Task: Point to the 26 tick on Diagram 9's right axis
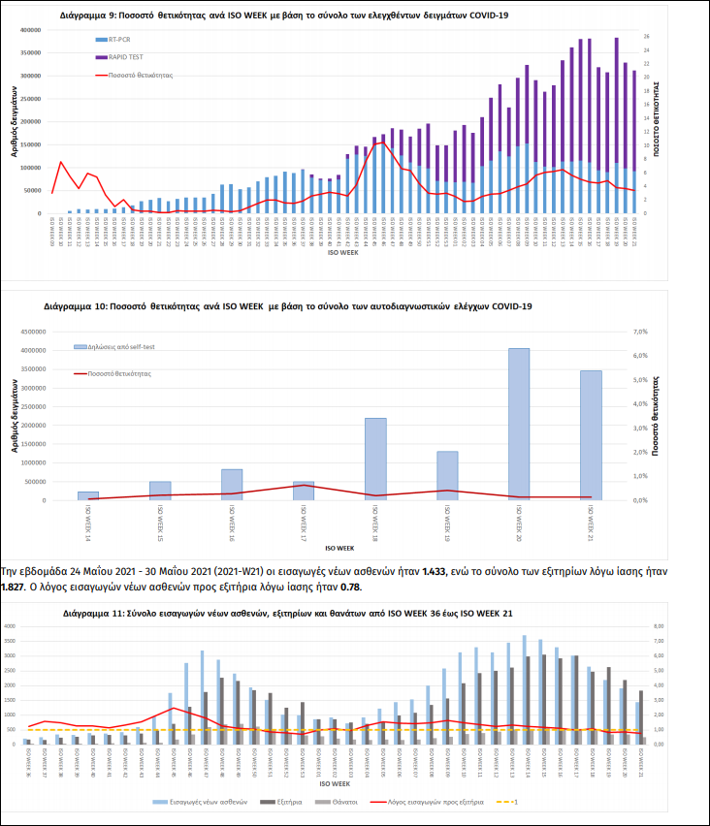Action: [x=646, y=37]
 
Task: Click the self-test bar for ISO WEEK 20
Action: [x=519, y=424]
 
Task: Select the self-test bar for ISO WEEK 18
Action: [x=375, y=459]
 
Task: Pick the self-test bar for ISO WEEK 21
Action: [x=591, y=434]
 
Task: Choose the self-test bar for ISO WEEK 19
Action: [x=447, y=475]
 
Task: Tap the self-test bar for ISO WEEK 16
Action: [x=232, y=484]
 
